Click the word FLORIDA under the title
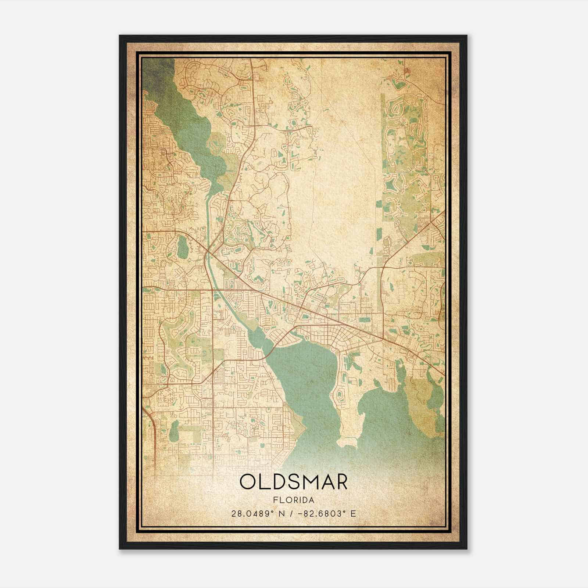coord(294,500)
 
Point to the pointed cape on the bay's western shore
coord(305,428)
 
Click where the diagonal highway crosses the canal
coord(208,251)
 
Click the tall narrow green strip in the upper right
coord(382,147)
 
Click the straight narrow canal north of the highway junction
coord(208,220)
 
